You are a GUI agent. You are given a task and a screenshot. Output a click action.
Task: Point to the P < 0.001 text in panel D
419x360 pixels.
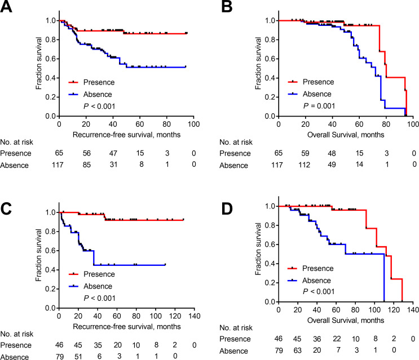tap(319, 291)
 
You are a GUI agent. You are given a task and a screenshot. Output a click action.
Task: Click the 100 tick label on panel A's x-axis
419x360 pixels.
tap(193, 124)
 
